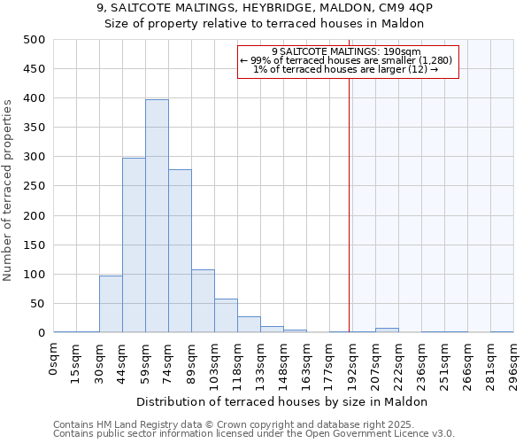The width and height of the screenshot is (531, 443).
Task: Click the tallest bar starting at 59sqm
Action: click(x=157, y=215)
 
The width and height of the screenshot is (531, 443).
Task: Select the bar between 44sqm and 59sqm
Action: click(x=134, y=245)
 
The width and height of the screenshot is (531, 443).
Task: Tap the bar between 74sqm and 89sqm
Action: click(x=180, y=251)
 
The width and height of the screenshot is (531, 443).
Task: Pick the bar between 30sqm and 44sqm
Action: click(x=111, y=304)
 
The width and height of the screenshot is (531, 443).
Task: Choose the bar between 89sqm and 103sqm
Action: click(x=203, y=301)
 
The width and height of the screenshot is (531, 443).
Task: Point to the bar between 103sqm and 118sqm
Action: click(x=226, y=316)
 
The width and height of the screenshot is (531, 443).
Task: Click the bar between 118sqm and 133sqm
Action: click(x=249, y=324)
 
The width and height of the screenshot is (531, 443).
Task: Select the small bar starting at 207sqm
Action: click(x=387, y=330)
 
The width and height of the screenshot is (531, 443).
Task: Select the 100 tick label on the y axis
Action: click(x=34, y=275)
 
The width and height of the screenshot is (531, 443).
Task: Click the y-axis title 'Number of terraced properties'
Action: click(x=8, y=190)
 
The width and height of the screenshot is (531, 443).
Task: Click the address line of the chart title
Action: click(x=265, y=7)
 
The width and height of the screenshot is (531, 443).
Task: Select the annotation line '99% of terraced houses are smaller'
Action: click(x=346, y=60)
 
